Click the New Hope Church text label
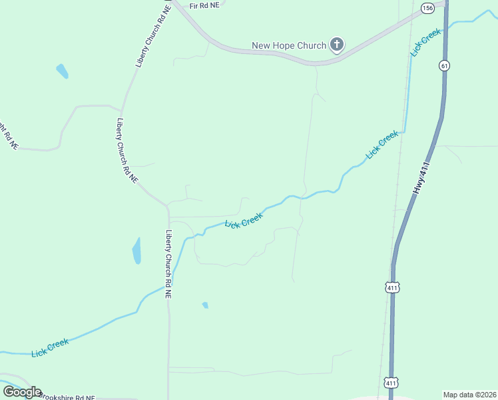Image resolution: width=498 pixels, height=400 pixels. (x=289, y=46)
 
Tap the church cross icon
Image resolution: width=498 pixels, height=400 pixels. (x=337, y=45)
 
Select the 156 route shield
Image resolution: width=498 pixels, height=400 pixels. (x=427, y=8)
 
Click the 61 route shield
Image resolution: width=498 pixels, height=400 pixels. (x=443, y=65)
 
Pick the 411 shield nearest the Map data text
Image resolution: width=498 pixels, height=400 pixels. (x=391, y=383)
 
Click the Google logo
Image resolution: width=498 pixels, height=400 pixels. (x=22, y=392)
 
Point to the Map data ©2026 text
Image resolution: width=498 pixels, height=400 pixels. (x=469, y=394)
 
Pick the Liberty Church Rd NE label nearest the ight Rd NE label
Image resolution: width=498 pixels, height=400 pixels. (x=126, y=151)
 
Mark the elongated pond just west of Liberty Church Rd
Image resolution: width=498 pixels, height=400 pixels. (x=136, y=251)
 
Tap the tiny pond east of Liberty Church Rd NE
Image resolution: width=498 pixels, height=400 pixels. (x=205, y=305)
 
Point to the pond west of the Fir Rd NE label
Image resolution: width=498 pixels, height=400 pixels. (x=63, y=71)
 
